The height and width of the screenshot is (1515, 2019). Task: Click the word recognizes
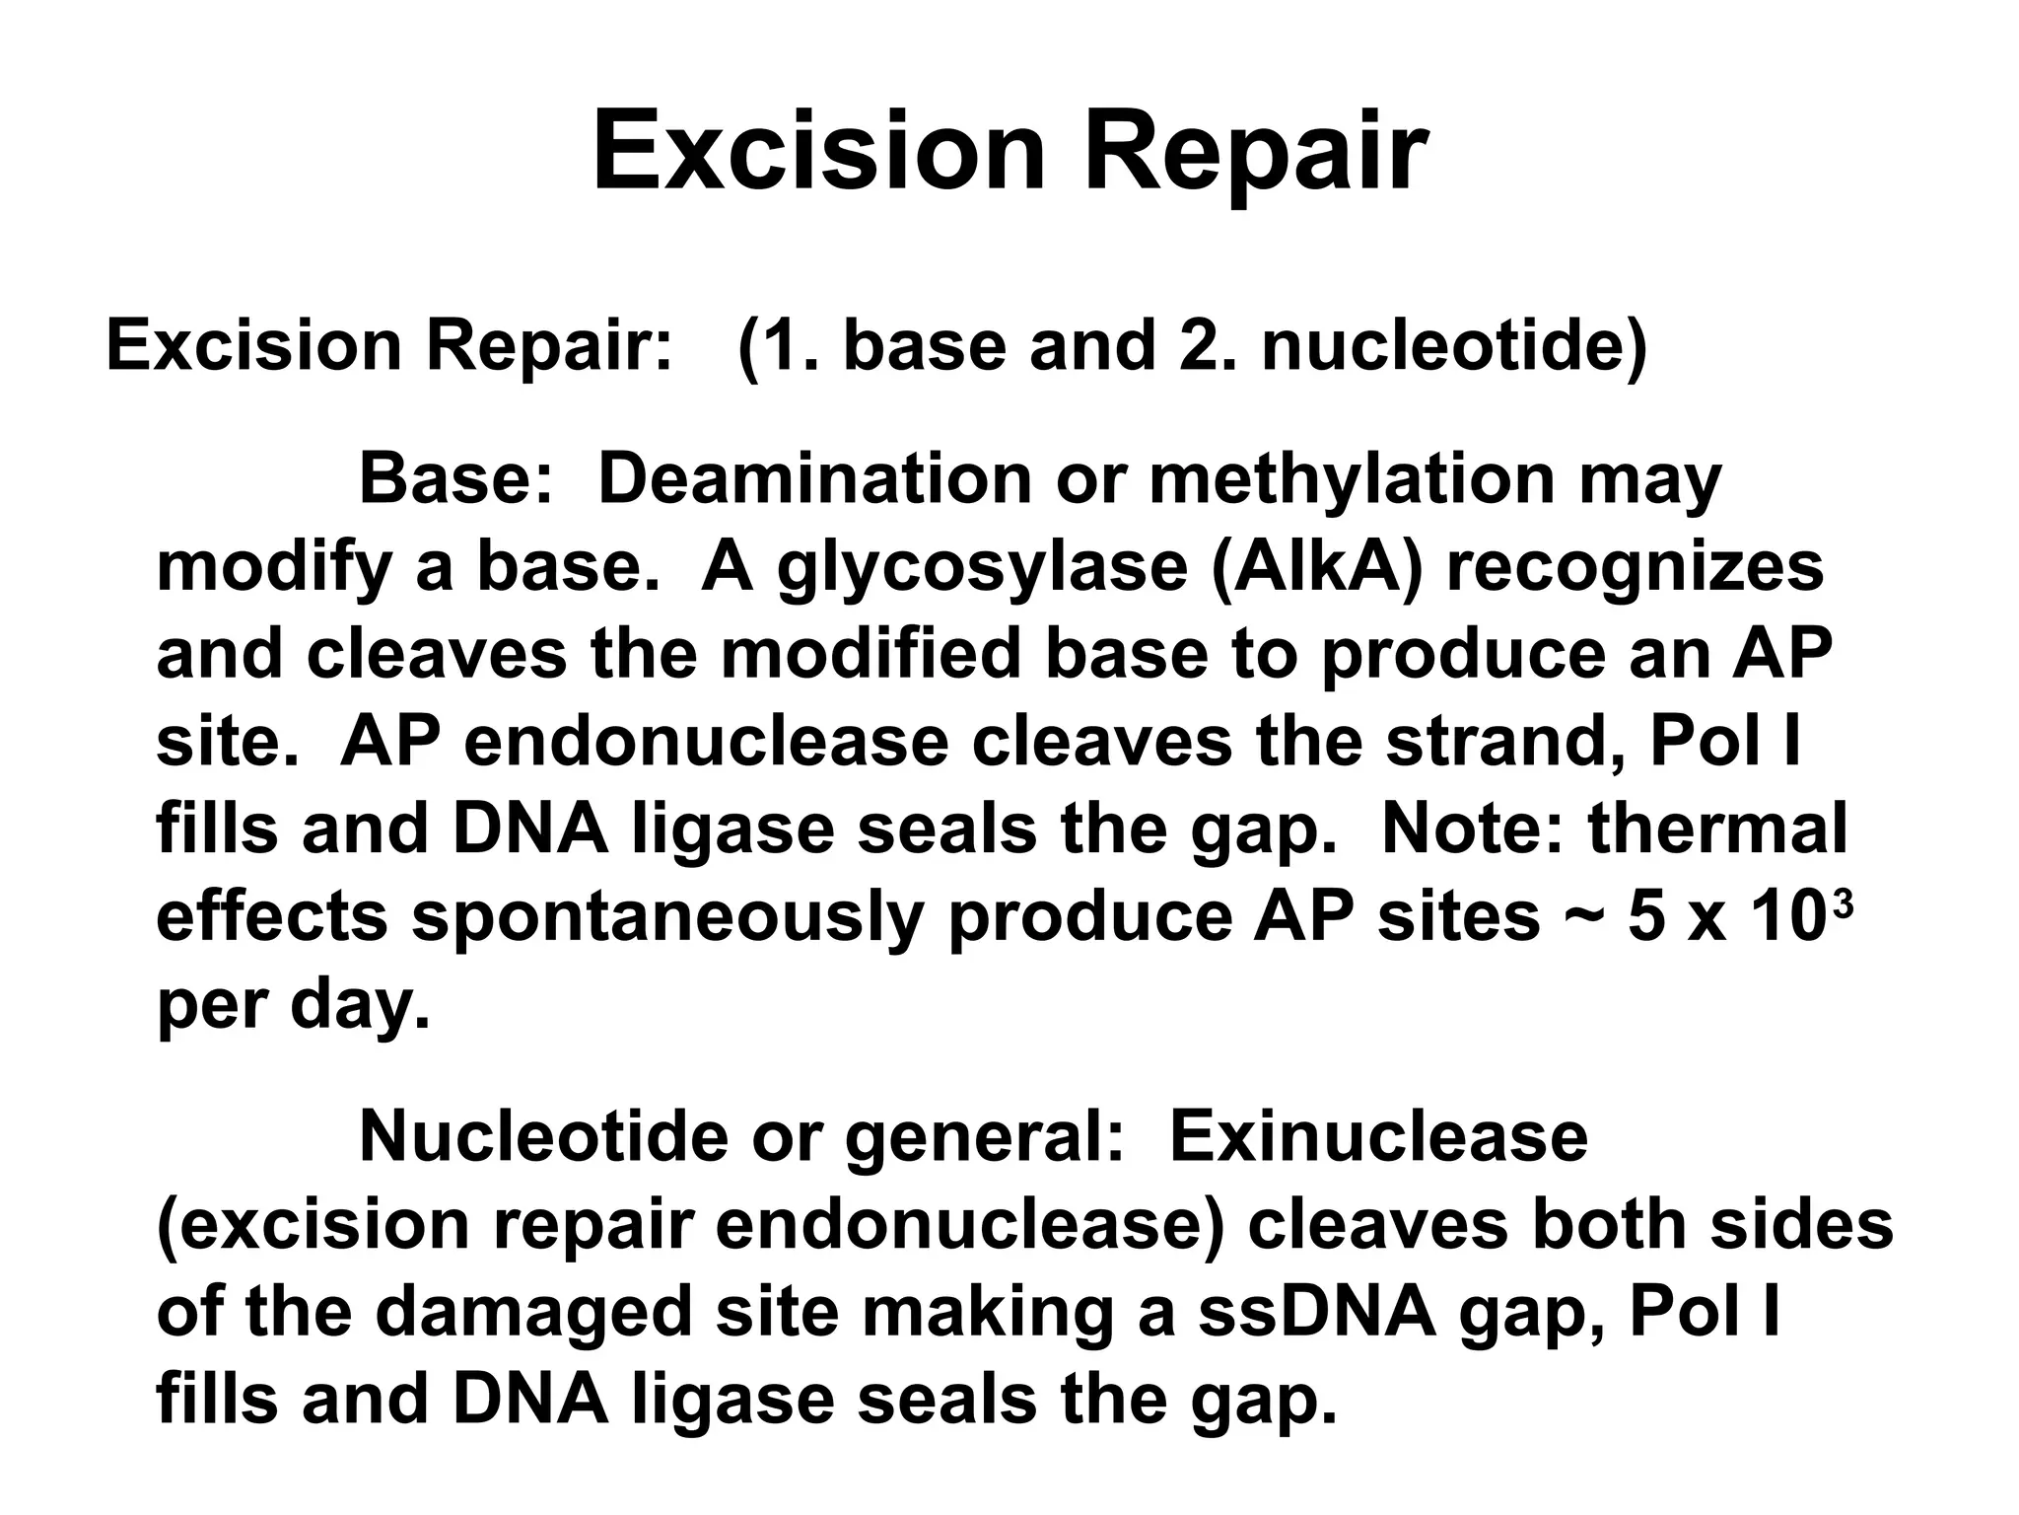[1635, 569]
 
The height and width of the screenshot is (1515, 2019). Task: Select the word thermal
[1718, 830]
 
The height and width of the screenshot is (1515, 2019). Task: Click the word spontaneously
[667, 918]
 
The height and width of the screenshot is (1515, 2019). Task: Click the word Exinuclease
[1378, 1137]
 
